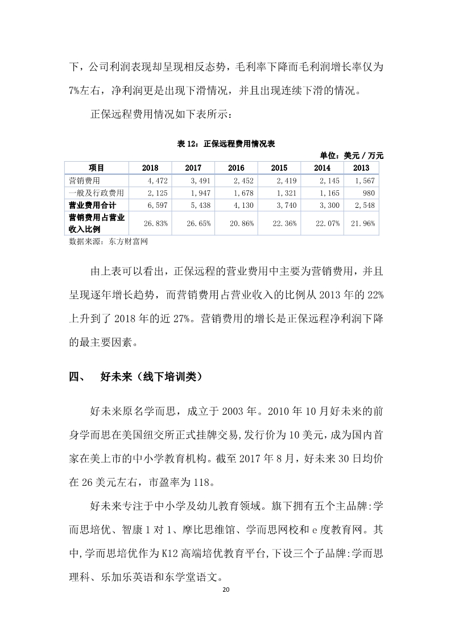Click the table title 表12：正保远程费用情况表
point(226,144)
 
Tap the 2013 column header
point(361,167)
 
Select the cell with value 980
point(368,192)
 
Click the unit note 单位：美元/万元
point(352,155)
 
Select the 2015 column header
point(279,167)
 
